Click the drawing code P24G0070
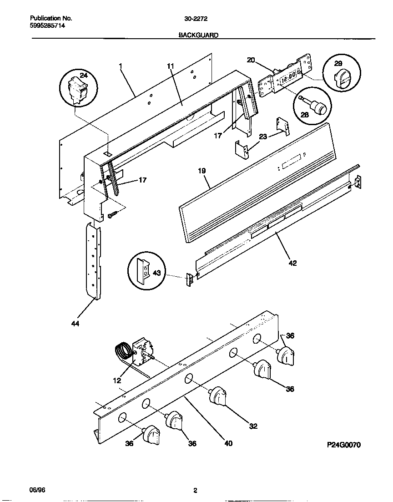343,445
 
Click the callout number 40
228,443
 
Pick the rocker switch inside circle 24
78,90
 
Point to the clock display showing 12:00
288,76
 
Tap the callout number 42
293,262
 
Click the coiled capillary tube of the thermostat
121,351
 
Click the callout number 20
251,60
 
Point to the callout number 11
171,66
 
